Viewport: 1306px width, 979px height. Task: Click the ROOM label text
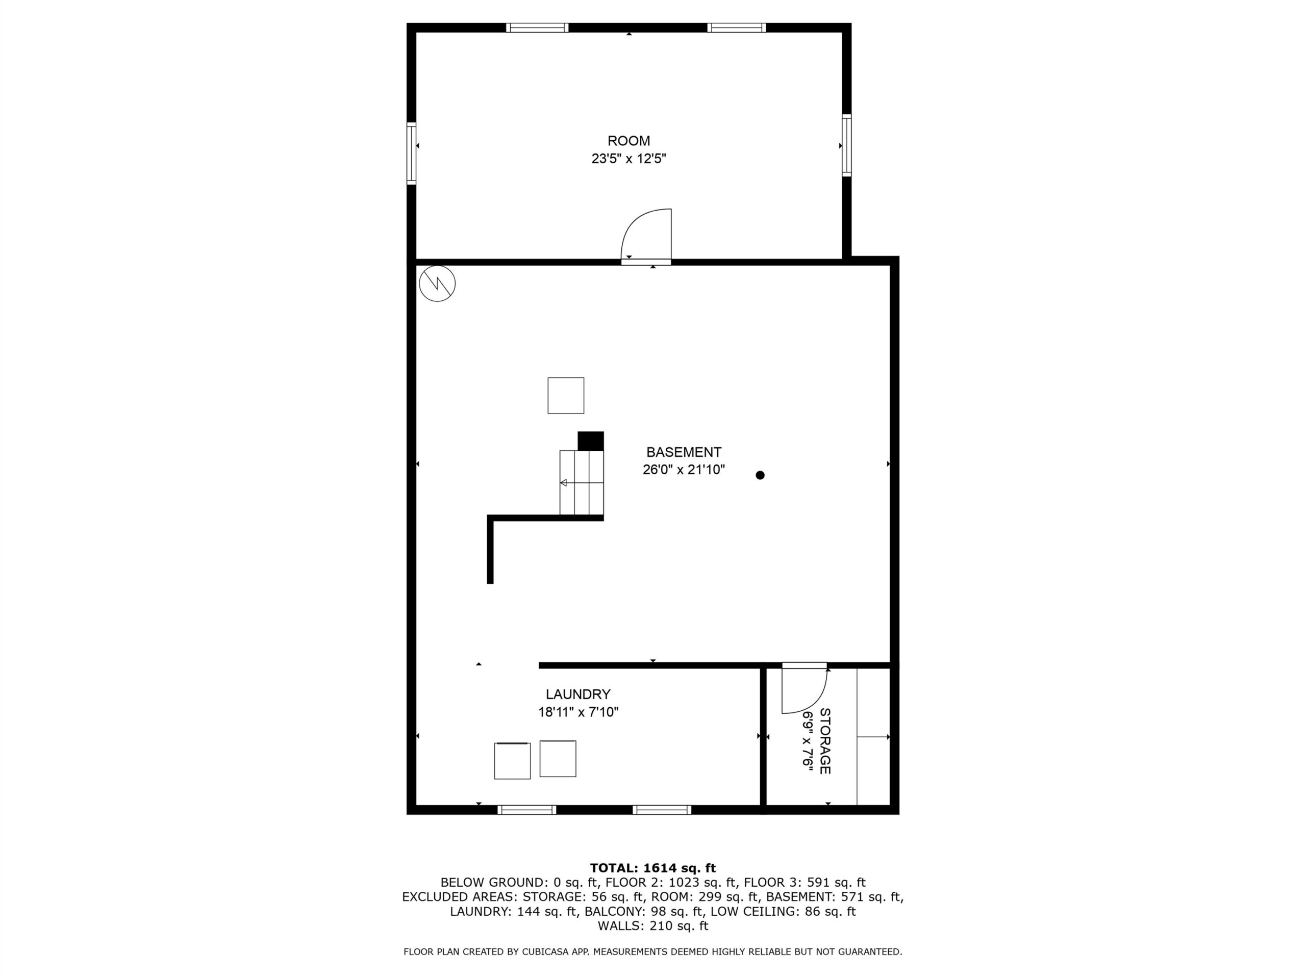[629, 141]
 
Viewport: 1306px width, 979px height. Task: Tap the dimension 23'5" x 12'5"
[629, 159]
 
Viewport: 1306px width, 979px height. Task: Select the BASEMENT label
[684, 453]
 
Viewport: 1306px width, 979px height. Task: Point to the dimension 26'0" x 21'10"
[684, 470]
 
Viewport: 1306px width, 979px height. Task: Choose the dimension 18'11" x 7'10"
[578, 712]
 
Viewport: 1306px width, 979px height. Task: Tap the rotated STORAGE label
[825, 741]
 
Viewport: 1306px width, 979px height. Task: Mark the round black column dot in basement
[760, 475]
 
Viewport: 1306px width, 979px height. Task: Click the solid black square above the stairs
[590, 442]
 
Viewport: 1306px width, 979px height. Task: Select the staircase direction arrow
[582, 483]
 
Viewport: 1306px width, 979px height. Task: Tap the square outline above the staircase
[566, 395]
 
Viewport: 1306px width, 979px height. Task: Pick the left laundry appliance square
[512, 761]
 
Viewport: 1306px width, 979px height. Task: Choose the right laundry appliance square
[558, 759]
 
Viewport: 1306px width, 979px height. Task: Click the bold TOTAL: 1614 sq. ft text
[653, 868]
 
